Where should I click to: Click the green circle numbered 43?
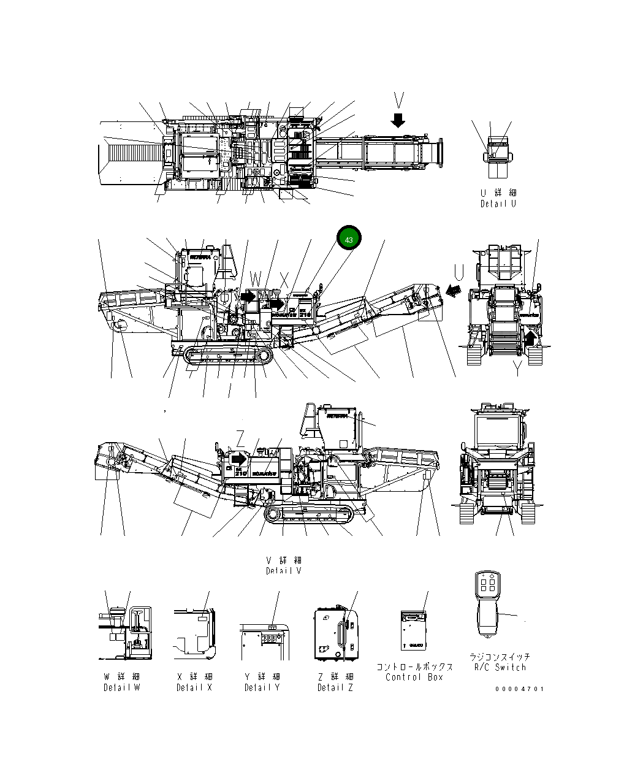coord(349,239)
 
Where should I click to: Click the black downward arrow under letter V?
coord(398,120)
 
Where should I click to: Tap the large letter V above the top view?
coord(399,101)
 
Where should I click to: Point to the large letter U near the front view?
coord(459,271)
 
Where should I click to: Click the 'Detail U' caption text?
coord(498,204)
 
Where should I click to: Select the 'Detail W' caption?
coord(121,687)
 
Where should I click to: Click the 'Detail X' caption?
coord(194,687)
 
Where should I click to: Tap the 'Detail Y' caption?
coord(262,687)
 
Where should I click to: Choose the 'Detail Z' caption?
coord(335,687)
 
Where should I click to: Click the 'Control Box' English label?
coord(414,677)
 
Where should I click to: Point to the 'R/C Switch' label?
coord(500,667)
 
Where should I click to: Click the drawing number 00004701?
coord(519,689)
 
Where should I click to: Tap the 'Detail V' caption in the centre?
coord(284,571)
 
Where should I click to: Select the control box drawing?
coord(413,630)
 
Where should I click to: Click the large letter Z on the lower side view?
coord(241,438)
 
